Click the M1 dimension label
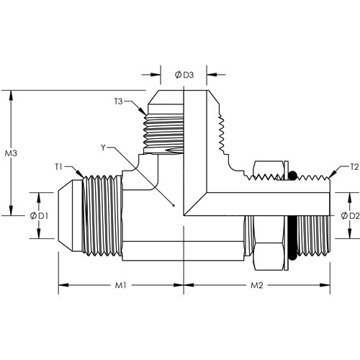tap(120, 285)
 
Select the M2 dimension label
tap(257, 285)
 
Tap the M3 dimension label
tap(11, 153)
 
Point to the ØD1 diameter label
tap(39, 216)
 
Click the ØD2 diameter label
tap(350, 216)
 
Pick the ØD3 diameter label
tap(184, 75)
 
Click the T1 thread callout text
tap(58, 167)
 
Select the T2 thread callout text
tap(354, 167)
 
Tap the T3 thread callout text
tap(118, 102)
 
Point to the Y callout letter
tap(103, 148)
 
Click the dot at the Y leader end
tap(174, 205)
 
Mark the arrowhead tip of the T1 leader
tap(84, 178)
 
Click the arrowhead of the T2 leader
tap(330, 179)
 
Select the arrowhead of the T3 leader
tap(146, 114)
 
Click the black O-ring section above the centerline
tap(292, 176)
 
